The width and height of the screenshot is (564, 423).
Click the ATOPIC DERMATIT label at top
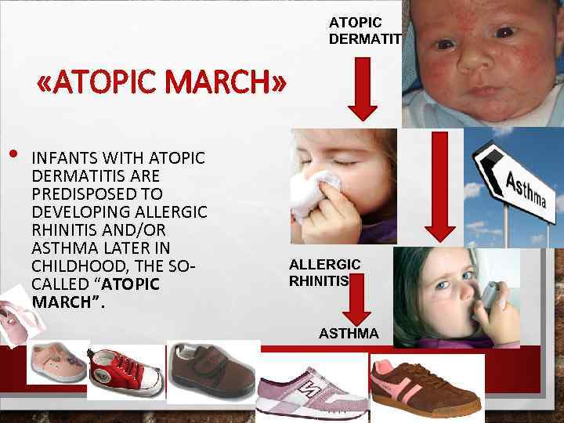pyautogui.click(x=365, y=31)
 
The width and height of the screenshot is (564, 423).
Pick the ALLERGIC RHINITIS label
pyautogui.click(x=324, y=273)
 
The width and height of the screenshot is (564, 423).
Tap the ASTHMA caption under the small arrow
pyautogui.click(x=349, y=334)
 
